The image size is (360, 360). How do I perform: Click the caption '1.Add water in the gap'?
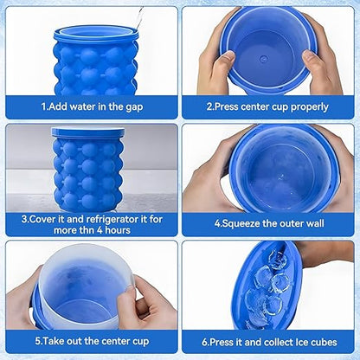coord(93,107)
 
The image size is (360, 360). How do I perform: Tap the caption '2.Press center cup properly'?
coord(267,107)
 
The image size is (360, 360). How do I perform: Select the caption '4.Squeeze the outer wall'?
coord(267,222)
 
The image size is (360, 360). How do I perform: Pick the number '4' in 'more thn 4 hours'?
coord(105,229)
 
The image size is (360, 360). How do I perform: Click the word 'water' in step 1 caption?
coord(89,107)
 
